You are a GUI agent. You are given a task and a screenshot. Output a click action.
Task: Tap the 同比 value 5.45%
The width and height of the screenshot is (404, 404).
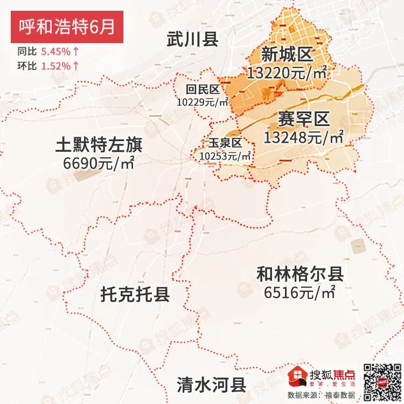[55, 52]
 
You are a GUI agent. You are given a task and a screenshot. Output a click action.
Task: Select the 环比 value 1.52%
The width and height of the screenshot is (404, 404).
[55, 66]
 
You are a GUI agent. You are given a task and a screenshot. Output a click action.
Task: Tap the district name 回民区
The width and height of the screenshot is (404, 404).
[202, 89]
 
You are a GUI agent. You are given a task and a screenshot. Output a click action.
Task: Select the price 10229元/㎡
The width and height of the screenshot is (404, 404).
[203, 101]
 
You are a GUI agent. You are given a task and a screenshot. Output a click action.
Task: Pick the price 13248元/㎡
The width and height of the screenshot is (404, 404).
[303, 137]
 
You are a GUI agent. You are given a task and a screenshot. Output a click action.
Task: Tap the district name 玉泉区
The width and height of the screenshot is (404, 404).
[225, 143]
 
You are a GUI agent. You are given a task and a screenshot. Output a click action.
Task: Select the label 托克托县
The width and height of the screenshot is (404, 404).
[135, 294]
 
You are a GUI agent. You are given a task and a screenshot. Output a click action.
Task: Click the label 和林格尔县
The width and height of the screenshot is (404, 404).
[300, 275]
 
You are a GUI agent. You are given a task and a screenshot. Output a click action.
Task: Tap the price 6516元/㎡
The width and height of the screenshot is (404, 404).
[300, 293]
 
